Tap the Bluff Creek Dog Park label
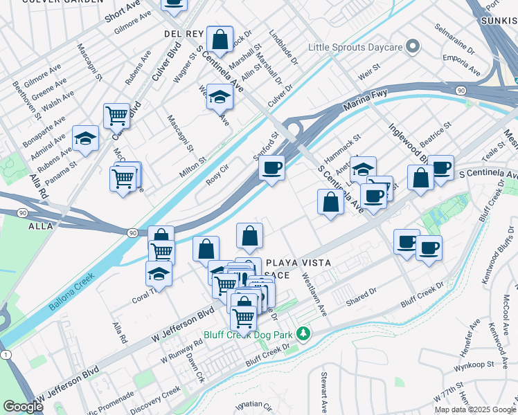(x=247, y=335)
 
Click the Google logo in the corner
(x=23, y=407)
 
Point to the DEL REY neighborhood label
(x=184, y=33)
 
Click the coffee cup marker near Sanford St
(x=272, y=167)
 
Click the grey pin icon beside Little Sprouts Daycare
(x=413, y=48)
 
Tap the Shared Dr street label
(x=362, y=293)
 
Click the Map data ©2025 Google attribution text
(x=475, y=409)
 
